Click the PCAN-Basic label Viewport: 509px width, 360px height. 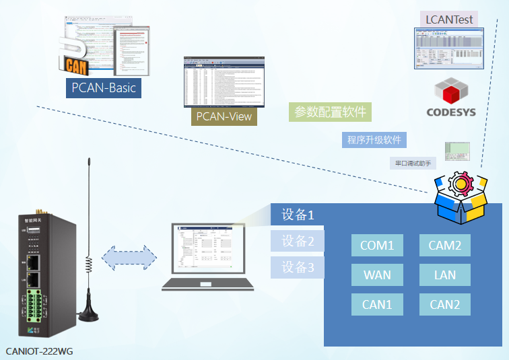(x=104, y=87)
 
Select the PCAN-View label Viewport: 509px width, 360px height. (x=224, y=116)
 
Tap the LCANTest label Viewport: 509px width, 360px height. (x=449, y=19)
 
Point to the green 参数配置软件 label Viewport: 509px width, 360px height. (x=330, y=112)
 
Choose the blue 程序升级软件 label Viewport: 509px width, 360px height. (x=374, y=140)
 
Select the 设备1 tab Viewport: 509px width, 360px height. (x=298, y=215)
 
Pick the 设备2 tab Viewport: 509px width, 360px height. (x=298, y=241)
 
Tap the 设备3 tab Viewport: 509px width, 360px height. (x=298, y=267)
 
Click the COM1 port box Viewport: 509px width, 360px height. (x=377, y=246)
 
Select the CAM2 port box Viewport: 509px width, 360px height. (x=445, y=246)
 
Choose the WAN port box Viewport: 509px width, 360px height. (x=377, y=275)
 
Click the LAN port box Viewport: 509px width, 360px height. (x=445, y=275)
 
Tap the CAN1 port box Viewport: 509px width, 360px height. (x=377, y=305)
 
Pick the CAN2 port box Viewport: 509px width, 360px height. (x=445, y=305)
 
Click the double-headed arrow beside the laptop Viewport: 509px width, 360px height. (x=129, y=258)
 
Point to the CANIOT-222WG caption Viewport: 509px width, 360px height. (x=40, y=351)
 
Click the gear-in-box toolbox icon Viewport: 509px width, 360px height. (x=460, y=196)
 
